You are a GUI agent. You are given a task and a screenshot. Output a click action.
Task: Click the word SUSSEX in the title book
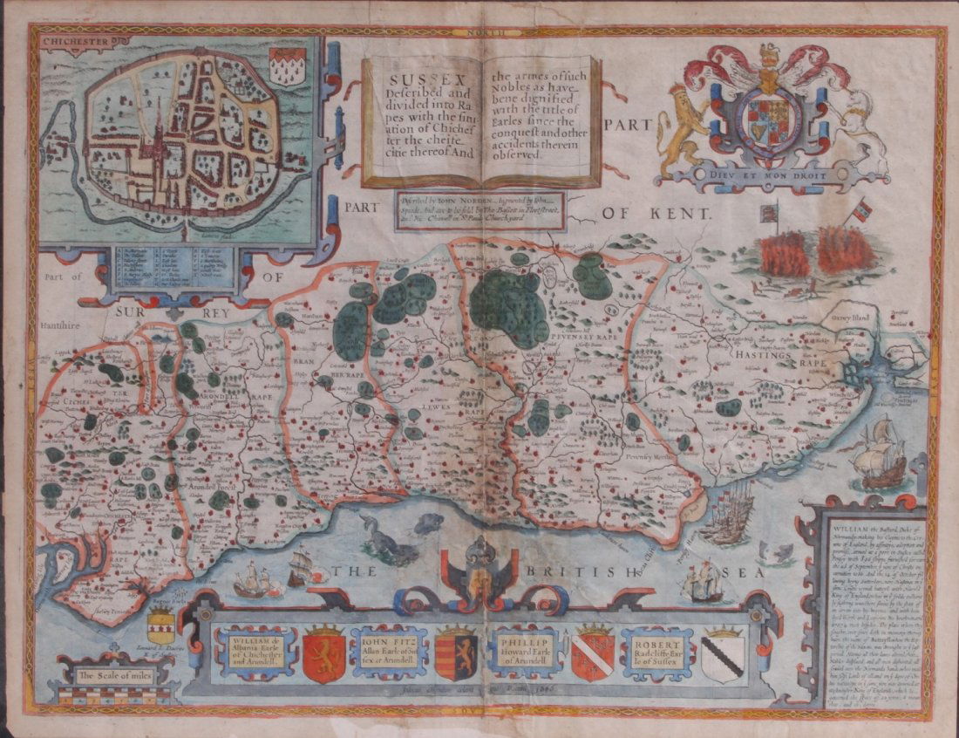click(415, 69)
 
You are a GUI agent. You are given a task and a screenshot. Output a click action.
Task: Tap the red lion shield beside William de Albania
click(323, 653)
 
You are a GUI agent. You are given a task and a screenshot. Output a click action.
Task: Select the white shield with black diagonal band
click(723, 655)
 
